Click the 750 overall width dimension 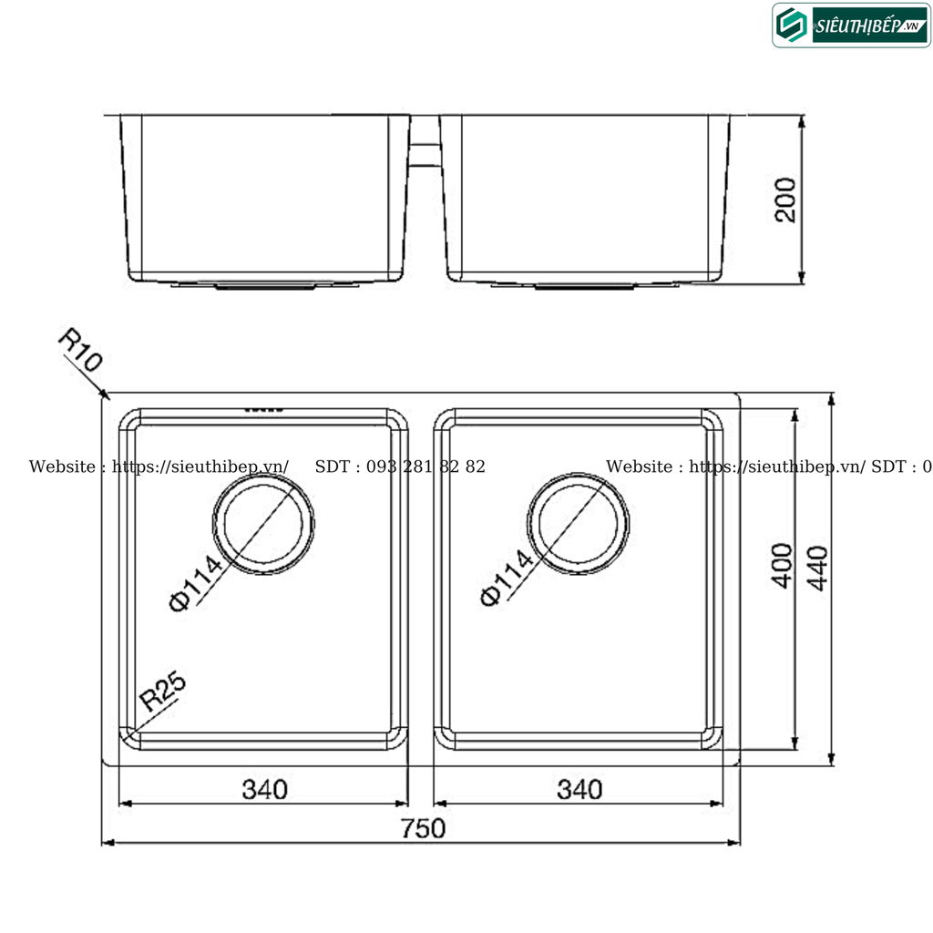coord(423,828)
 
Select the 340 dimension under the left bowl coord(264,789)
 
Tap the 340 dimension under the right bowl coord(579,789)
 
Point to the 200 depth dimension coord(785,200)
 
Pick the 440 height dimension coord(817,568)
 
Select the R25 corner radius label coord(163,693)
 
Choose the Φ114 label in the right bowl coord(504,578)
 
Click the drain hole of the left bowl coord(264,528)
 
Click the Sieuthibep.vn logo coord(851,26)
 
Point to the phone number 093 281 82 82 coord(425,466)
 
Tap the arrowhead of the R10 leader coord(106,396)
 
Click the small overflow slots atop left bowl coord(265,410)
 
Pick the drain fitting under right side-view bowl coord(584,287)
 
